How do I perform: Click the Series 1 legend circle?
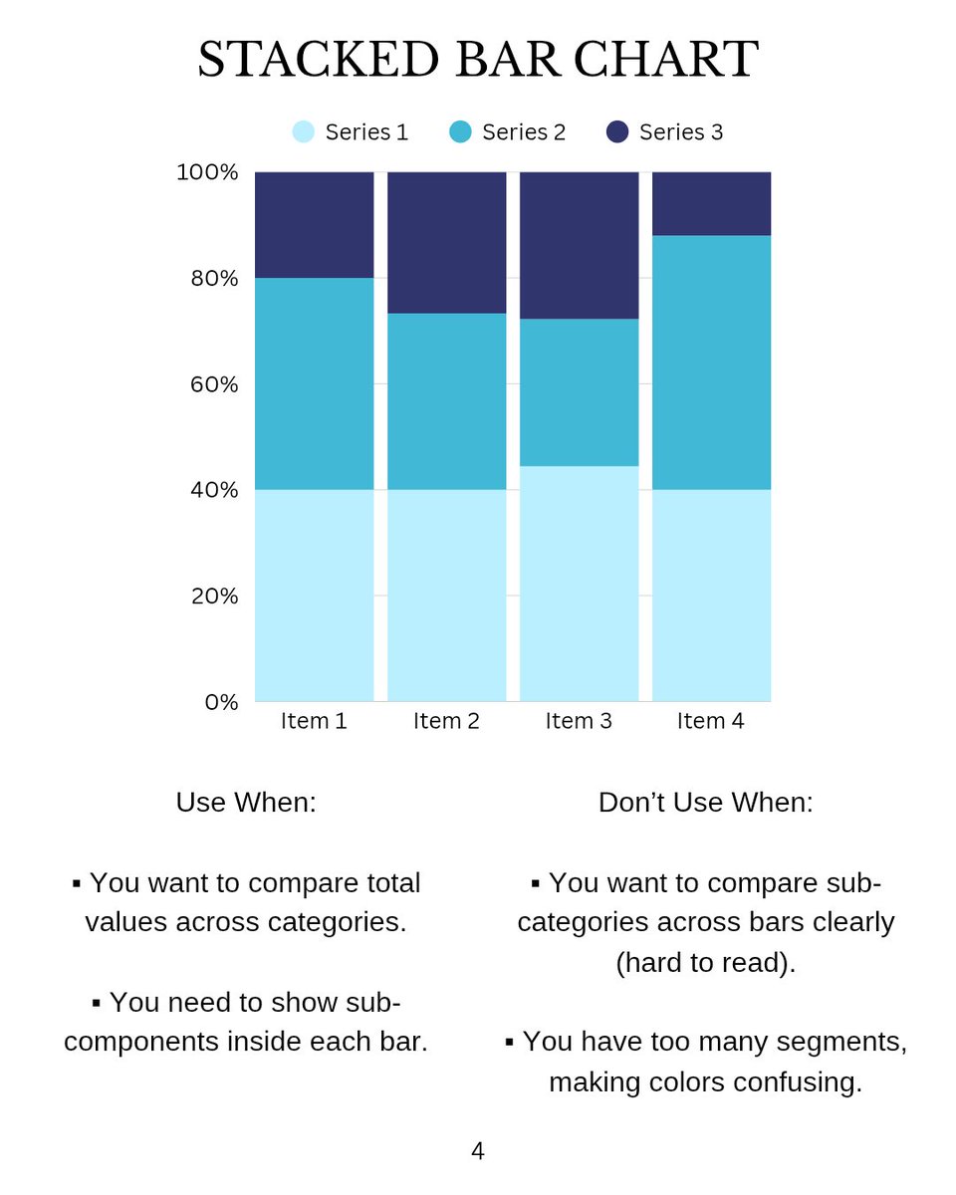(x=304, y=131)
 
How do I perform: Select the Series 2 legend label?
(x=523, y=132)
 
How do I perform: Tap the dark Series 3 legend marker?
(x=617, y=131)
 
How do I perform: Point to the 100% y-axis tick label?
(x=208, y=172)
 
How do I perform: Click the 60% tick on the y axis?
(x=213, y=384)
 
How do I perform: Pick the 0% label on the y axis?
(x=222, y=702)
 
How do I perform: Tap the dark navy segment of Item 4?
(x=711, y=203)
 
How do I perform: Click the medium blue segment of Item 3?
(x=579, y=392)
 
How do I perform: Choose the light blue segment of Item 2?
(x=446, y=596)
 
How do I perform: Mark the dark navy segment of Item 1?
(x=314, y=224)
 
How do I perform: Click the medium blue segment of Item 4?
(x=711, y=362)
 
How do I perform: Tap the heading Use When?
(x=246, y=803)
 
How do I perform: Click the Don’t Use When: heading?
(x=705, y=803)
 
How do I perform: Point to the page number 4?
(x=478, y=1152)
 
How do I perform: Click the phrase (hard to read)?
(x=705, y=963)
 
